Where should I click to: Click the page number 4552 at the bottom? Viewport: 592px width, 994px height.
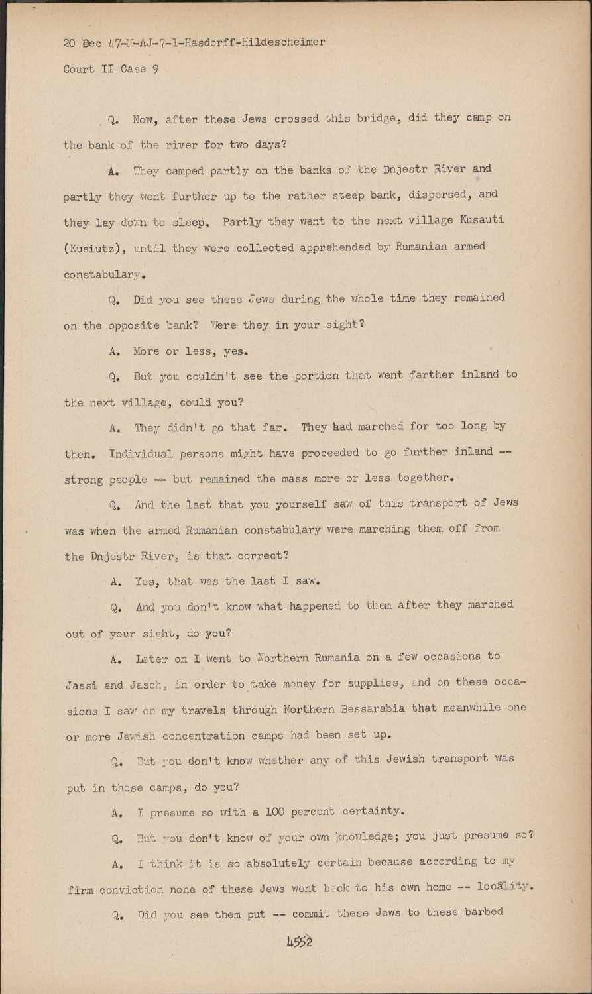coord(295,941)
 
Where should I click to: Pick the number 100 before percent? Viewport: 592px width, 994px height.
coord(276,811)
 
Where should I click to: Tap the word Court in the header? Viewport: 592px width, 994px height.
coord(79,69)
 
